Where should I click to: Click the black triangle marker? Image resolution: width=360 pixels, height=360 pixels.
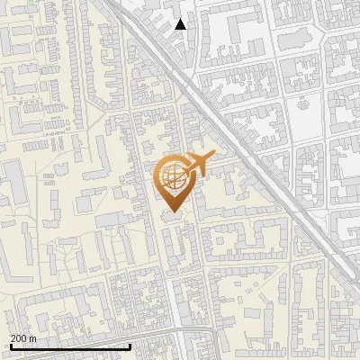[181, 24]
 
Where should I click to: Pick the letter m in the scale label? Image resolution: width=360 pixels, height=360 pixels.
[33, 337]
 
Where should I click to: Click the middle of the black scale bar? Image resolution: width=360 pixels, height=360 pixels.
[70, 346]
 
